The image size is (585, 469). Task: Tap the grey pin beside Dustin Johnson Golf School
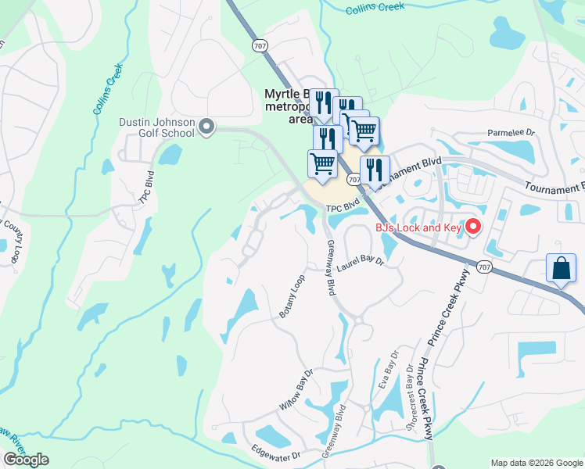coord(206,126)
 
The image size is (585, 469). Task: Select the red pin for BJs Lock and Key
coord(472,227)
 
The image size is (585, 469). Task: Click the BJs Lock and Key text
coord(419,227)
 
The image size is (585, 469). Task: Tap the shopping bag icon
coord(562,268)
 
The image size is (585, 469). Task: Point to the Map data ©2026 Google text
coord(536,463)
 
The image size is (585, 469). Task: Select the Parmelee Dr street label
coord(511,133)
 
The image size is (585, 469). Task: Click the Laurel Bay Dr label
coord(361,263)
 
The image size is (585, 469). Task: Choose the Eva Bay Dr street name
coord(384,375)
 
